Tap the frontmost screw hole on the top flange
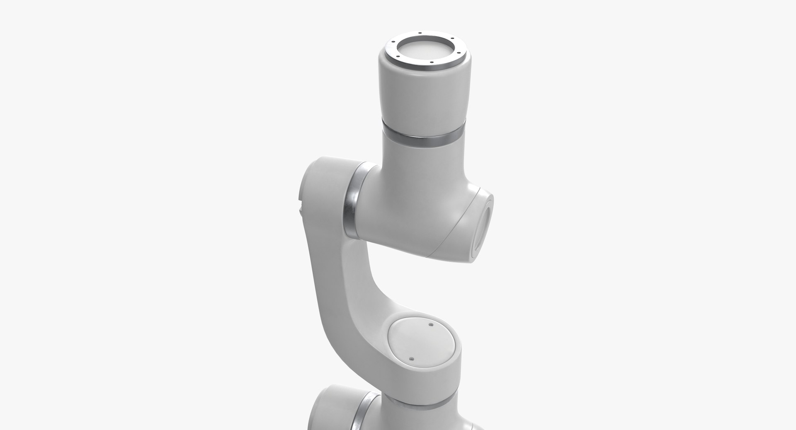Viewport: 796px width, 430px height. coord(432,63)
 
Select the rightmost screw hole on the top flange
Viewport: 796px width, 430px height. coord(459,53)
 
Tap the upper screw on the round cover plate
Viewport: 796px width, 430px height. coord(430,325)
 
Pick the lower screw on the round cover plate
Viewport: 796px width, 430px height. coord(411,359)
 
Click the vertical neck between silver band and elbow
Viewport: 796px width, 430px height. coord(423,164)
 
